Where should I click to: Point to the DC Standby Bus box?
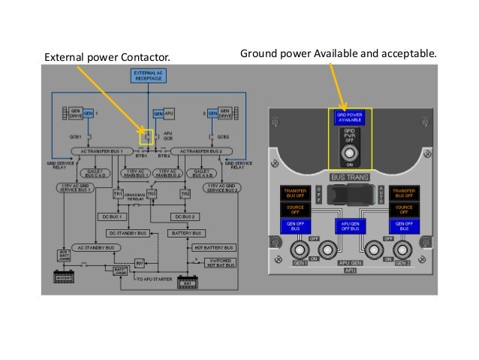pos(132,233)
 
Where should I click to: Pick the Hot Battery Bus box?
pos(215,247)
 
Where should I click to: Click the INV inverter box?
pos(140,262)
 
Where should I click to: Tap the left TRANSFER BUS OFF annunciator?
pos(293,194)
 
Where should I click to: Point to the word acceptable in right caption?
pos(407,54)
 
